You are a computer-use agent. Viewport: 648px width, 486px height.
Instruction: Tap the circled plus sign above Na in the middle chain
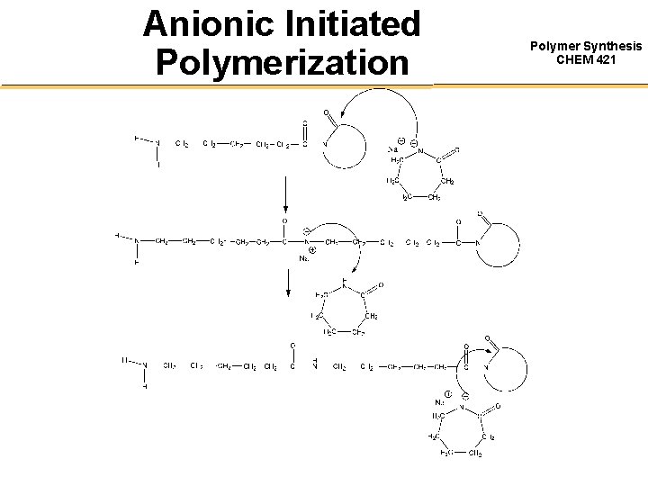pyautogui.click(x=311, y=250)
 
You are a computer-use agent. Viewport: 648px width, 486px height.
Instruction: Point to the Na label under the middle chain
pyautogui.click(x=303, y=258)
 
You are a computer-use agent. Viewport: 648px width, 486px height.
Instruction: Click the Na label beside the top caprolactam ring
pyautogui.click(x=392, y=148)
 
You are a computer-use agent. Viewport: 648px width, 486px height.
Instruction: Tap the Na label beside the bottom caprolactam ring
pyautogui.click(x=440, y=402)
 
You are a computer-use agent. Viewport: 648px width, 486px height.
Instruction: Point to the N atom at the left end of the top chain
pyautogui.click(x=157, y=143)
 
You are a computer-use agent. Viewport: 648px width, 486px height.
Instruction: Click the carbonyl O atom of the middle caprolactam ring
pyautogui.click(x=381, y=285)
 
